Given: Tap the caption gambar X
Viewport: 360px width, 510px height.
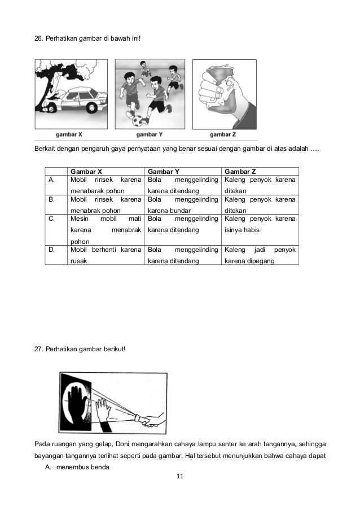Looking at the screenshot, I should (x=69, y=134).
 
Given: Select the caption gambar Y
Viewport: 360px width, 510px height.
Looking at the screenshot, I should (x=150, y=134).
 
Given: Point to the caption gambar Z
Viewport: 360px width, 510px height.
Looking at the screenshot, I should (x=223, y=134).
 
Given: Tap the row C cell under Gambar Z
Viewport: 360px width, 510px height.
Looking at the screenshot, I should (x=260, y=224).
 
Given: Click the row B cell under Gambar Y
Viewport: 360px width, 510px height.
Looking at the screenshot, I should (x=182, y=205).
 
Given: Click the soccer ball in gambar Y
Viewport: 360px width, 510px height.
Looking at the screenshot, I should (x=138, y=120).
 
